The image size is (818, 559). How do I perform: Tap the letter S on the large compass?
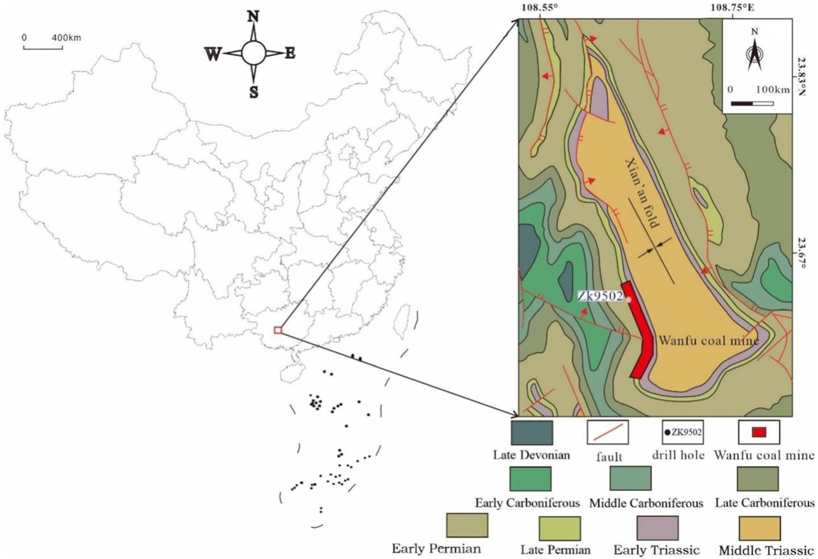tap(253, 92)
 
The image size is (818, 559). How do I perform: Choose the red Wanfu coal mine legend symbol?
tap(759, 432)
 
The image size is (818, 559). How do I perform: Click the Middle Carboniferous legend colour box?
tap(630, 478)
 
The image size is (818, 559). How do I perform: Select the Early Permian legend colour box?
tap(467, 525)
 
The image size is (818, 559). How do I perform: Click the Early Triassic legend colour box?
tap(658, 528)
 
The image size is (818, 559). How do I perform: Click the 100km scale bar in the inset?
tap(752, 103)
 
